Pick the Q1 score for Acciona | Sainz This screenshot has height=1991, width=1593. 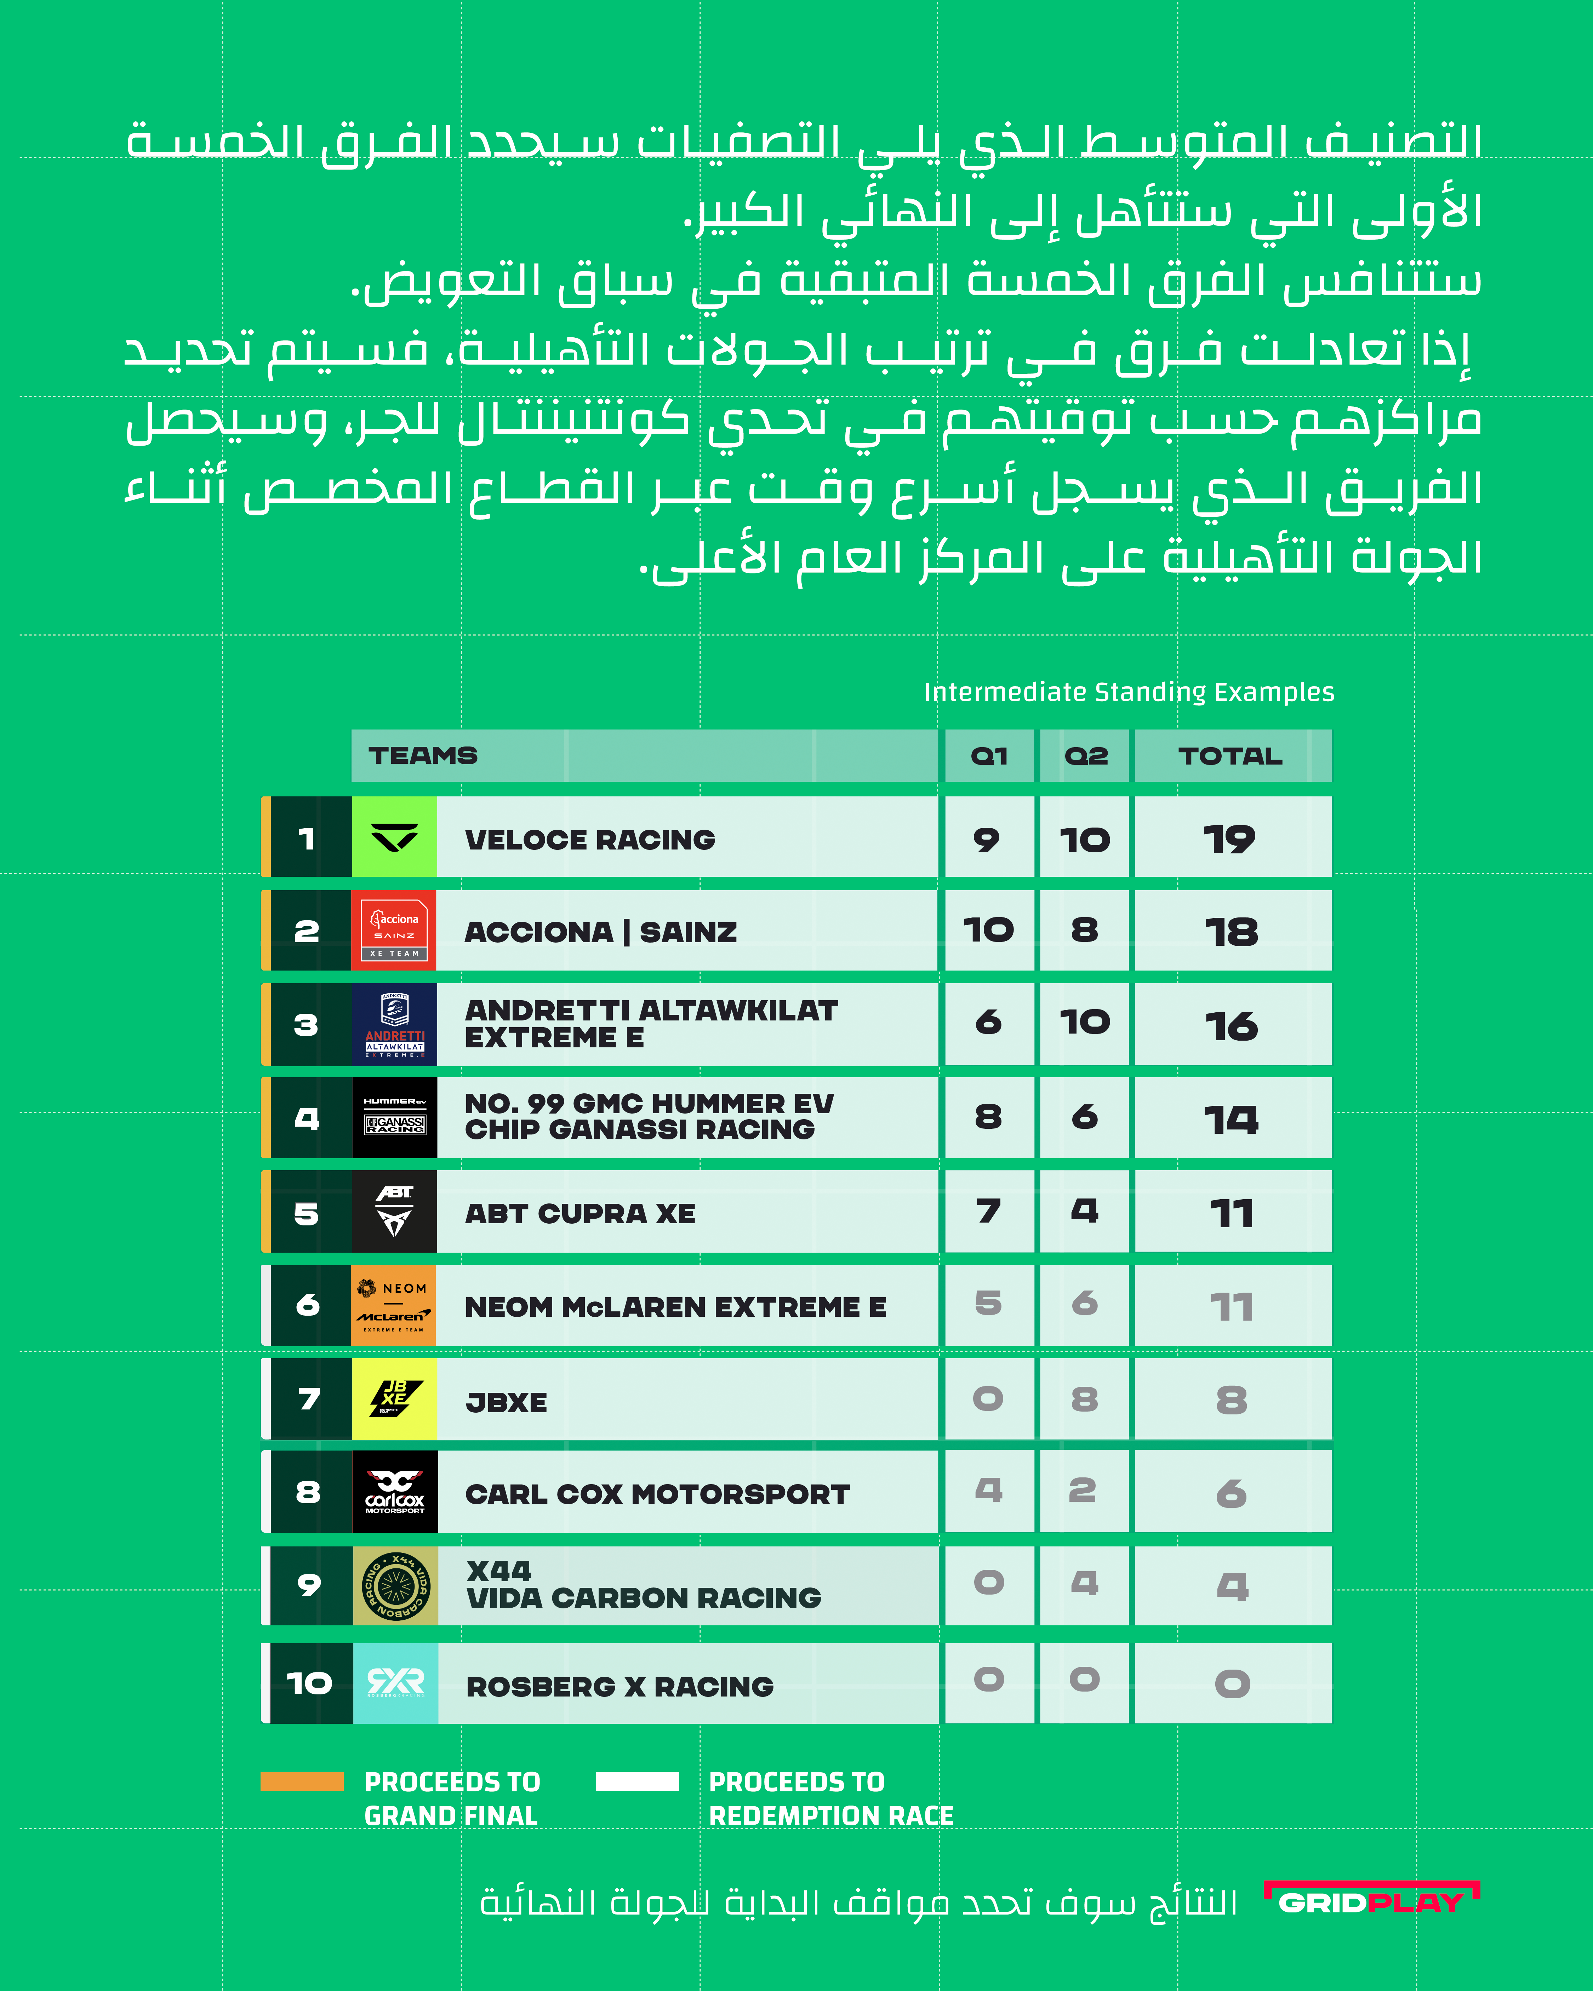click(988, 930)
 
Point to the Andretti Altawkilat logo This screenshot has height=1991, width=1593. click(394, 1024)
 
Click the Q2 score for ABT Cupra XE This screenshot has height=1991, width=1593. click(1084, 1211)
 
